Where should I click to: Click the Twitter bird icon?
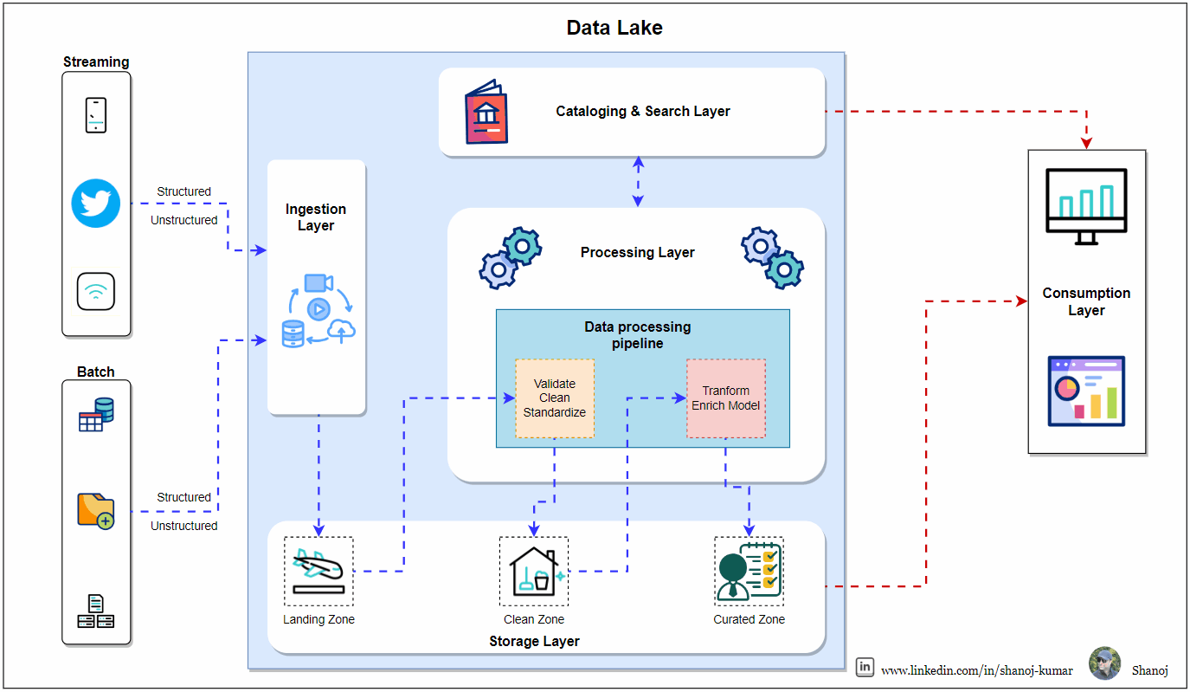[x=95, y=204]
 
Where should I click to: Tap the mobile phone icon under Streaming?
[x=96, y=115]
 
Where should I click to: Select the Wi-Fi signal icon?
[x=95, y=291]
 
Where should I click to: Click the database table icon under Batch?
[x=96, y=415]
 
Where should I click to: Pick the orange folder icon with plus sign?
[x=95, y=511]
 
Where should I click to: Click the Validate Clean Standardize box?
[x=555, y=398]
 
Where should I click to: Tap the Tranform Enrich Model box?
[x=726, y=398]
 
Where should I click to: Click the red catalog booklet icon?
[x=486, y=112]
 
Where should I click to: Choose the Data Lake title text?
[x=614, y=28]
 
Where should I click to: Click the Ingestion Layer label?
[x=316, y=217]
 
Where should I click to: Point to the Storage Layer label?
[x=534, y=642]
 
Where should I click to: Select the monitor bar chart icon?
[x=1086, y=206]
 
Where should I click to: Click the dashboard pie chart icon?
[x=1086, y=391]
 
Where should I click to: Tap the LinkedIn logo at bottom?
[x=865, y=667]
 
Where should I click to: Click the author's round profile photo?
[x=1105, y=663]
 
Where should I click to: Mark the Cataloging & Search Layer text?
[x=642, y=112]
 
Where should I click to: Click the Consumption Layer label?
[x=1086, y=301]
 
